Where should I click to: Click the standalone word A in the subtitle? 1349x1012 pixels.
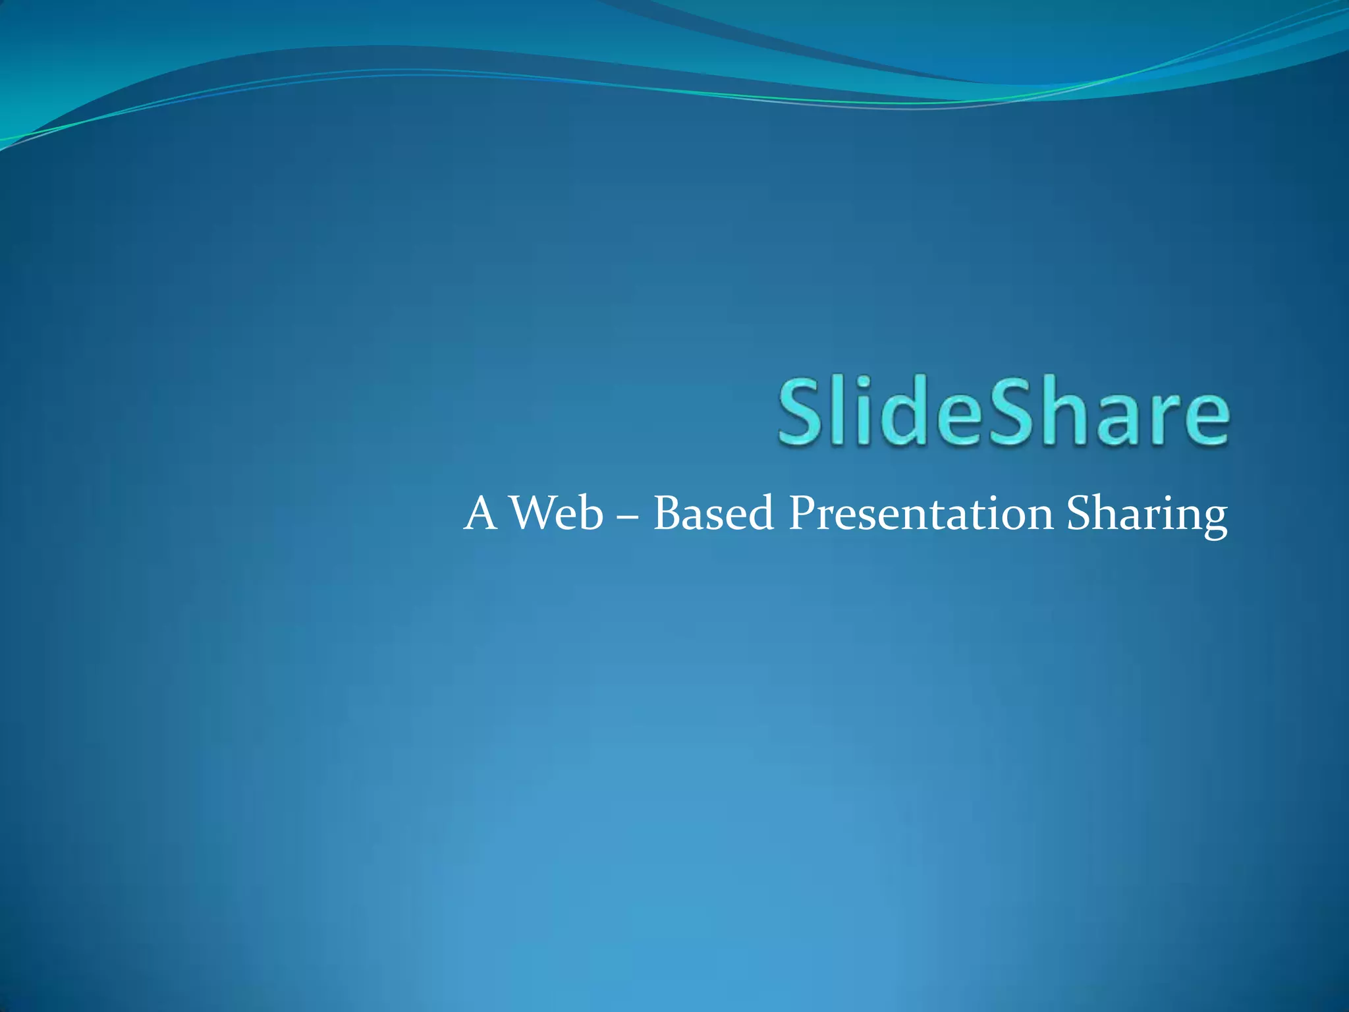(480, 513)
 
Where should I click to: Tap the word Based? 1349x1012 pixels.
(713, 513)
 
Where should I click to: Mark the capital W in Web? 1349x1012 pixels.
(531, 513)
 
